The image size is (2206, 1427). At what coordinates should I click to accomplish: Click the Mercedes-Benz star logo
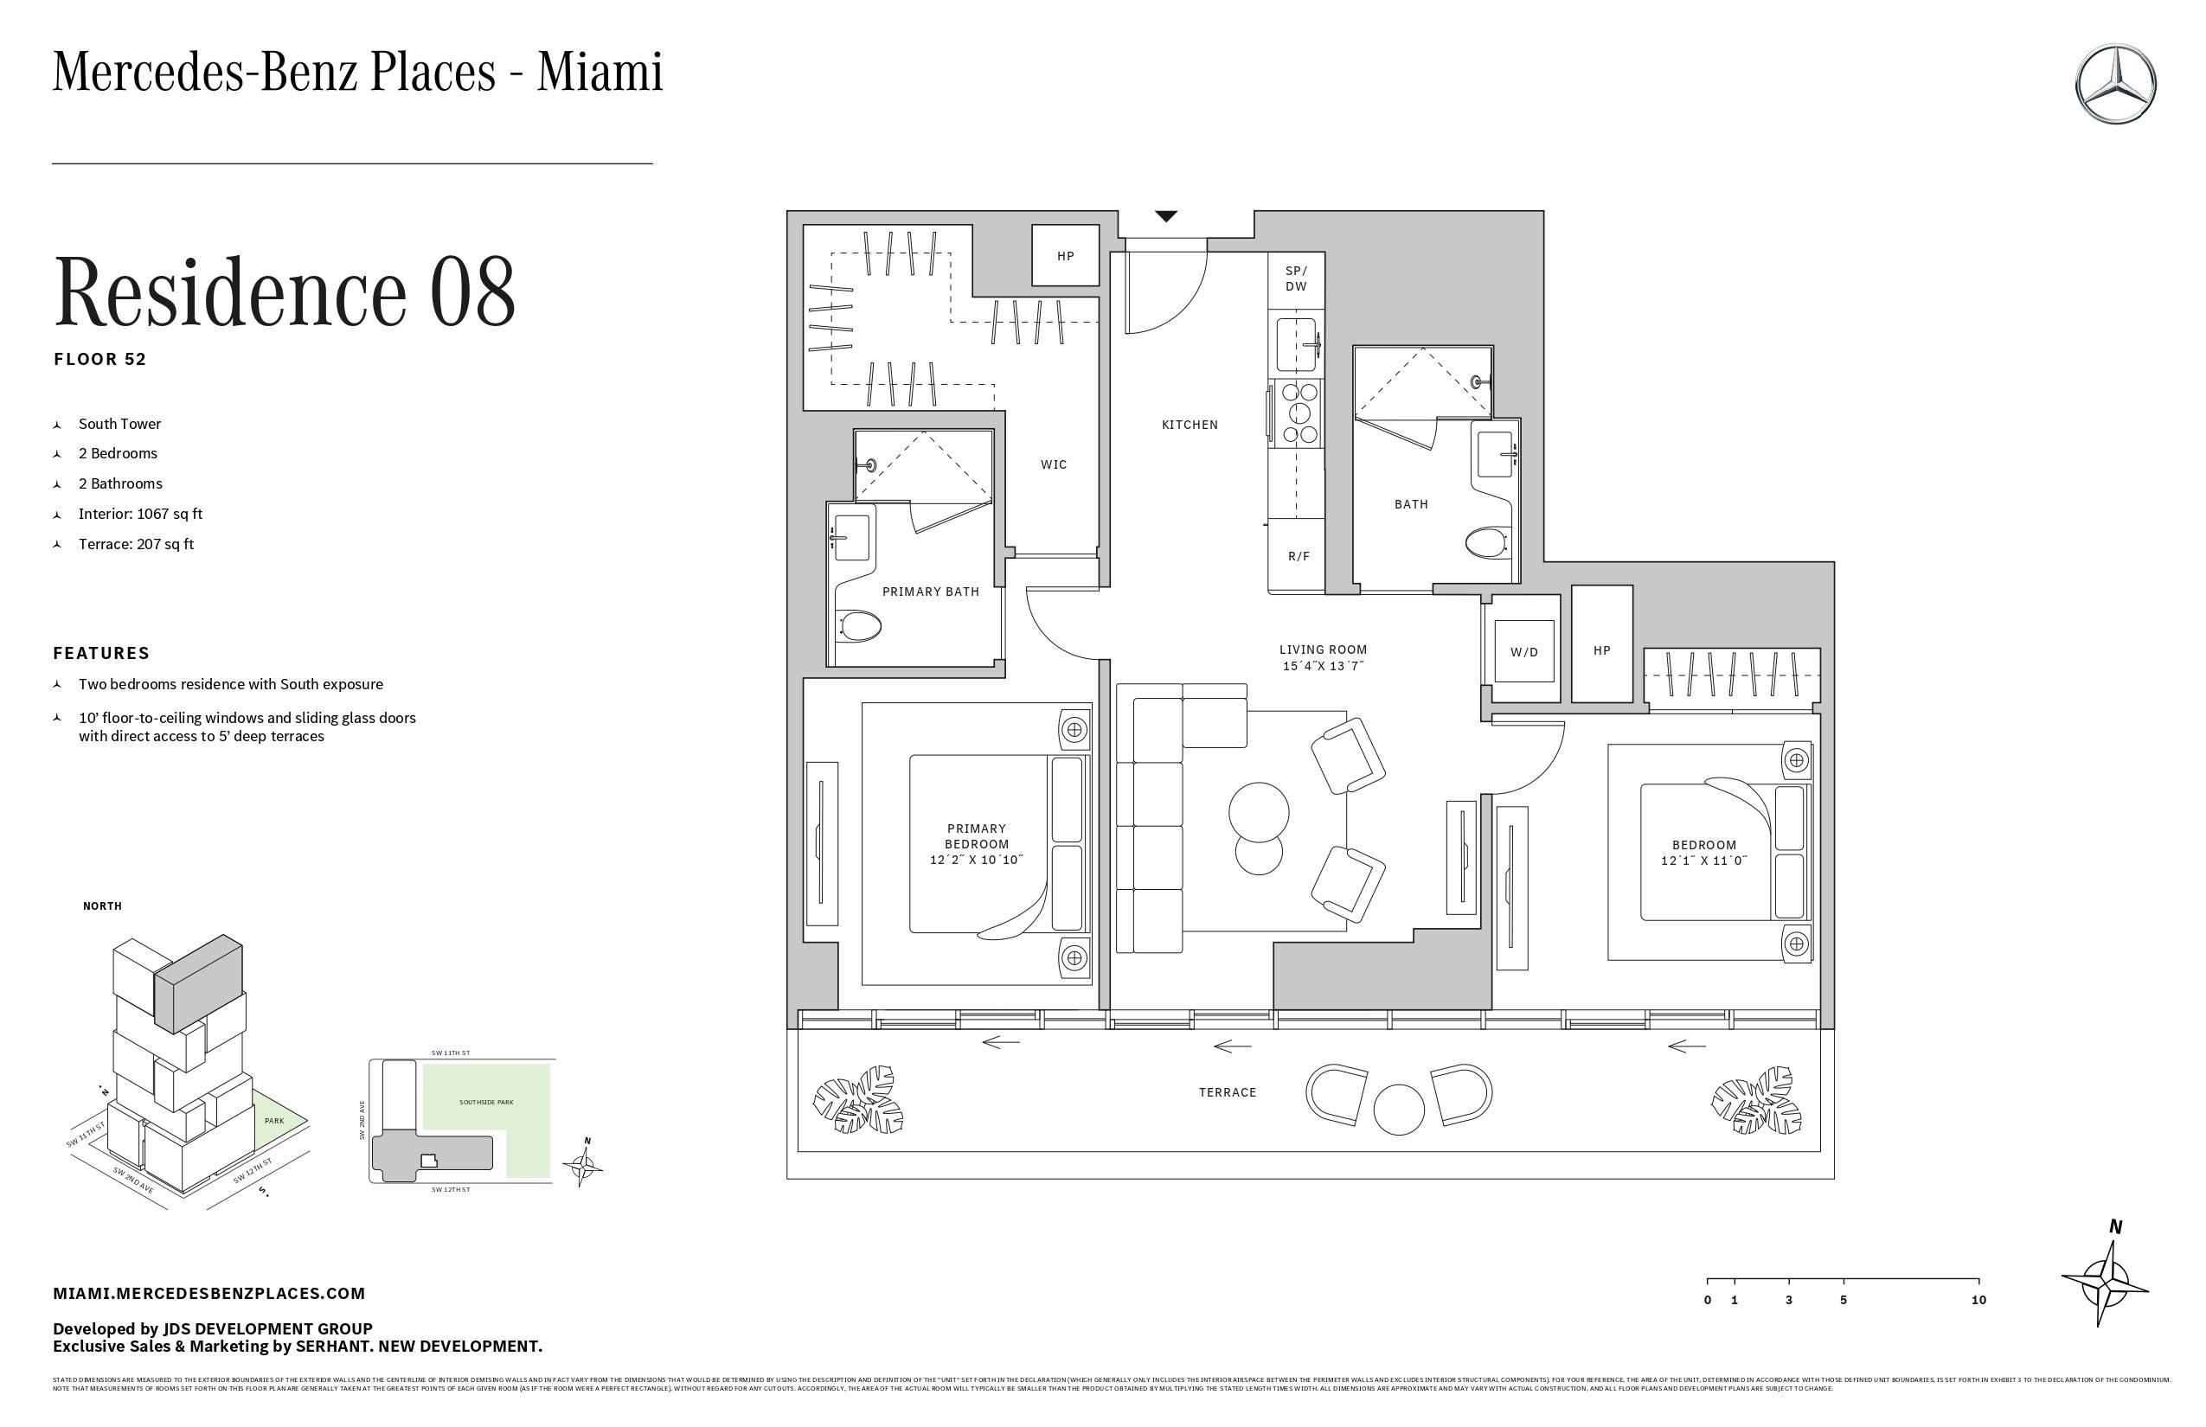pyautogui.click(x=2115, y=83)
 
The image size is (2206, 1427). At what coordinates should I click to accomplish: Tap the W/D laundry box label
pyautogui.click(x=1523, y=651)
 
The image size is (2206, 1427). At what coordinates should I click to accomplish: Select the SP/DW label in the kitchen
pyautogui.click(x=1296, y=278)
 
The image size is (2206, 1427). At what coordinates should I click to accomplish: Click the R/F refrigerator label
pyautogui.click(x=1299, y=556)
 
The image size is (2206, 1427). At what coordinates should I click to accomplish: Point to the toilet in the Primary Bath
pyautogui.click(x=859, y=625)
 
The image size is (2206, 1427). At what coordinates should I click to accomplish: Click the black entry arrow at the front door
pyautogui.click(x=1166, y=216)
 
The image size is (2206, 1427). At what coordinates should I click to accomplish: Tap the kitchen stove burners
pyautogui.click(x=1298, y=413)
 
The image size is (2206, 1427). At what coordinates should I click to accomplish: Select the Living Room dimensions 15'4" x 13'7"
pyautogui.click(x=1323, y=665)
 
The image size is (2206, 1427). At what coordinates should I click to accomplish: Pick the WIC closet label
pyautogui.click(x=1053, y=464)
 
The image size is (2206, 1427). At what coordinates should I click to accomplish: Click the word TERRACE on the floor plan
pyautogui.click(x=1228, y=1092)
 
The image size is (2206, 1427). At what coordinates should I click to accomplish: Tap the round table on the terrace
pyautogui.click(x=1398, y=1108)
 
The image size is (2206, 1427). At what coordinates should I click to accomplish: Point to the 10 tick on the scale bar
pyautogui.click(x=1978, y=1300)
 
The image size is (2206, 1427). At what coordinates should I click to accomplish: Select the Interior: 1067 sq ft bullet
pyautogui.click(x=140, y=514)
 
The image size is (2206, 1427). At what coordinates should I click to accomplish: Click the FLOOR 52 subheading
pyautogui.click(x=100, y=360)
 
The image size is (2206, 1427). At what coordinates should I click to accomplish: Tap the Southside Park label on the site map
pyautogui.click(x=485, y=1102)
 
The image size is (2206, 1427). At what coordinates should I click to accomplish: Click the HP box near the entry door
pyautogui.click(x=1065, y=256)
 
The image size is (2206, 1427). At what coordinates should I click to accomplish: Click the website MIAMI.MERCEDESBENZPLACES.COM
pyautogui.click(x=208, y=1293)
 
